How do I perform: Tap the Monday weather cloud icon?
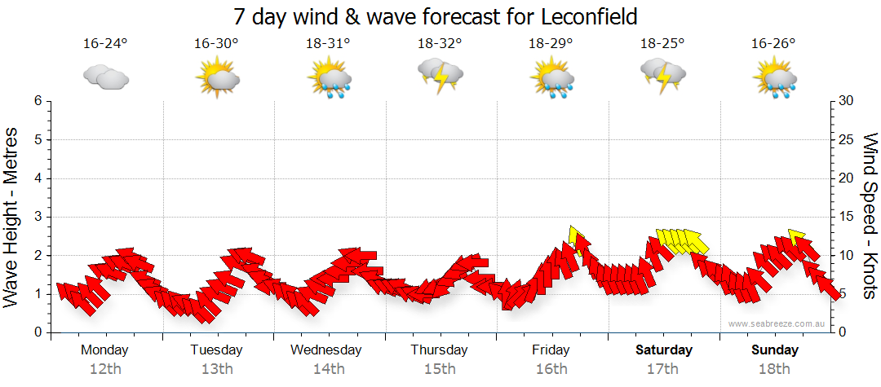[x=105, y=78]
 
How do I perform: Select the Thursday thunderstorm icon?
[x=440, y=75]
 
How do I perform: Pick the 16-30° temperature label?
[x=216, y=44]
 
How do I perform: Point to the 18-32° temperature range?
[x=440, y=44]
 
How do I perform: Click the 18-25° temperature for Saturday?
[x=662, y=44]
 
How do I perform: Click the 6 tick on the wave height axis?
[x=37, y=101]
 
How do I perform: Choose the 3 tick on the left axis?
[x=37, y=217]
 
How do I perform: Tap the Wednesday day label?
[x=326, y=350]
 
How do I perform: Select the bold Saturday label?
[x=663, y=350]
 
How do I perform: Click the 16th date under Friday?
[x=551, y=368]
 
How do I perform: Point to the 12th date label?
[x=104, y=368]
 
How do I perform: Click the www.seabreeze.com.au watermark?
[x=777, y=323]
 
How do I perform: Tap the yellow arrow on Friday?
[x=577, y=238]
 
